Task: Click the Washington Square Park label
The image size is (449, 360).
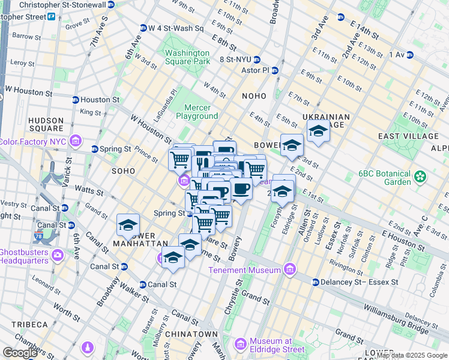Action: click(188, 57)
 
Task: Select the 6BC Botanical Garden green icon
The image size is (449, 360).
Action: click(420, 176)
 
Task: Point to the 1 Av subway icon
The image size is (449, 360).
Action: click(411, 55)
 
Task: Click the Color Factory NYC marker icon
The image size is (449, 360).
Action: click(76, 142)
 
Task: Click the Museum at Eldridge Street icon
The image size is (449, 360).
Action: click(241, 344)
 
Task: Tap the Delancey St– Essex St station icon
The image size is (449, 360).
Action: click(315, 281)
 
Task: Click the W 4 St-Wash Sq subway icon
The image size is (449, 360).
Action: click(143, 28)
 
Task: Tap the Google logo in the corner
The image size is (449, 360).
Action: click(20, 353)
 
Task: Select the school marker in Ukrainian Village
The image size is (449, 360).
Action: click(318, 131)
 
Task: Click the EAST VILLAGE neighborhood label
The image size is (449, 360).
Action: click(406, 136)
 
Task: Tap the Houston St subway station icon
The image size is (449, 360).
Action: click(76, 100)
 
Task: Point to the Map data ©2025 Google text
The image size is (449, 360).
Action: click(412, 355)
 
